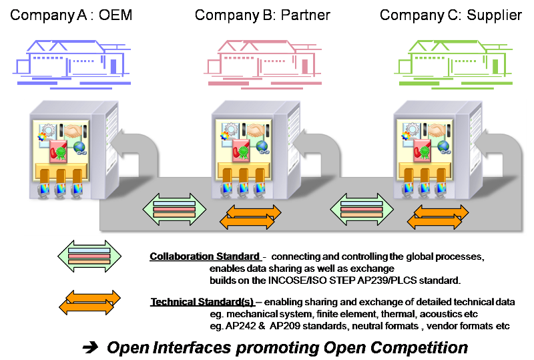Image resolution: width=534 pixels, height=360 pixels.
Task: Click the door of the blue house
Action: coord(114,65)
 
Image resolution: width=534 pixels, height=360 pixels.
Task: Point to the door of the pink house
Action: coord(304,65)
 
